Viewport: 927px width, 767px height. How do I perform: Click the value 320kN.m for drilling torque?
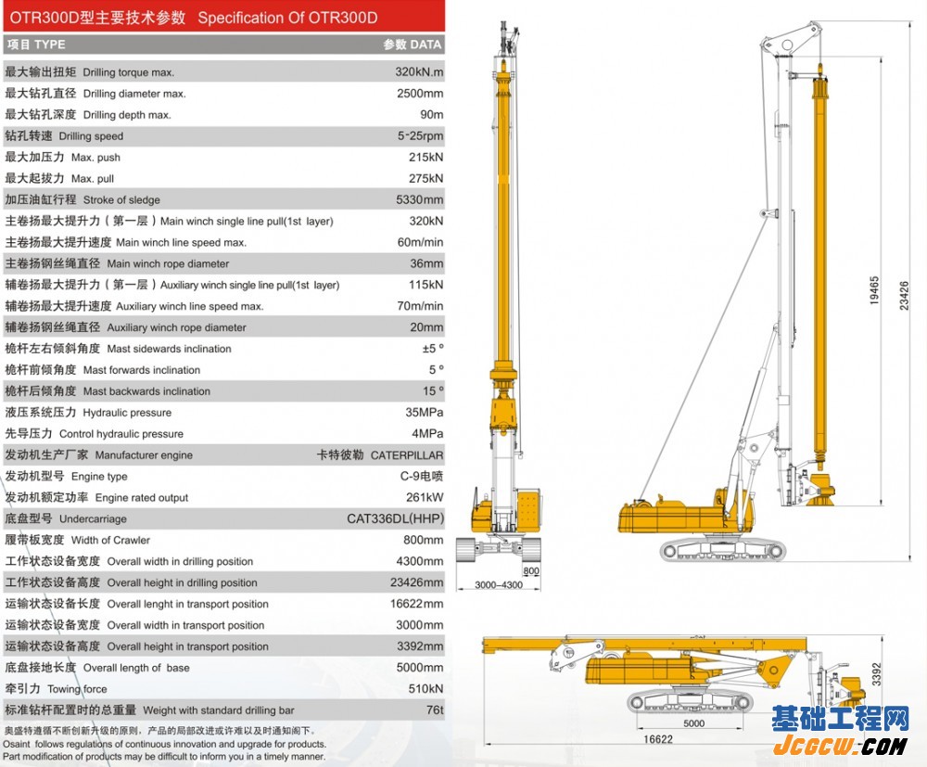419,72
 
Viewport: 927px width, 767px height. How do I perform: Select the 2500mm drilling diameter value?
420,94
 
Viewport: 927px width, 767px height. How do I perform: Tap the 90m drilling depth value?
432,115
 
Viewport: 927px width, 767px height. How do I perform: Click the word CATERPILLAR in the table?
407,455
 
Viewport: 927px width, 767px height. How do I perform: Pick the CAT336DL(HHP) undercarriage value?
395,518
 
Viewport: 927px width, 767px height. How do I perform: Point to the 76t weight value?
435,709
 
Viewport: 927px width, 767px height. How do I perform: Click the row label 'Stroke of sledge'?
121,200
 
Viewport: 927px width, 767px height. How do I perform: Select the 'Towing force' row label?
78,689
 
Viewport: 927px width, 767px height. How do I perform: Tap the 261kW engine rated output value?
425,497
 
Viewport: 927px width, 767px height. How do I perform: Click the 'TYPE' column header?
50,45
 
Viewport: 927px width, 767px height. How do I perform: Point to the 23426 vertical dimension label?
904,296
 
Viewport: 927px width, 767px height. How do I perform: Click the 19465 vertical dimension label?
874,290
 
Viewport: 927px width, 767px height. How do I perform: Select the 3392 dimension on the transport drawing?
876,674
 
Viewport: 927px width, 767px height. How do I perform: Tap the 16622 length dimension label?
658,739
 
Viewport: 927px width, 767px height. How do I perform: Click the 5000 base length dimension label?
693,723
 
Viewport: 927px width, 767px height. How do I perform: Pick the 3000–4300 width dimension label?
499,585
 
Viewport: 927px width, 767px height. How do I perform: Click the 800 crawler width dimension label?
531,570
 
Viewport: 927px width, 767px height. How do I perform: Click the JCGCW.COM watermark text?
840,746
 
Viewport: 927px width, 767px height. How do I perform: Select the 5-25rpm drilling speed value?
420,136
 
